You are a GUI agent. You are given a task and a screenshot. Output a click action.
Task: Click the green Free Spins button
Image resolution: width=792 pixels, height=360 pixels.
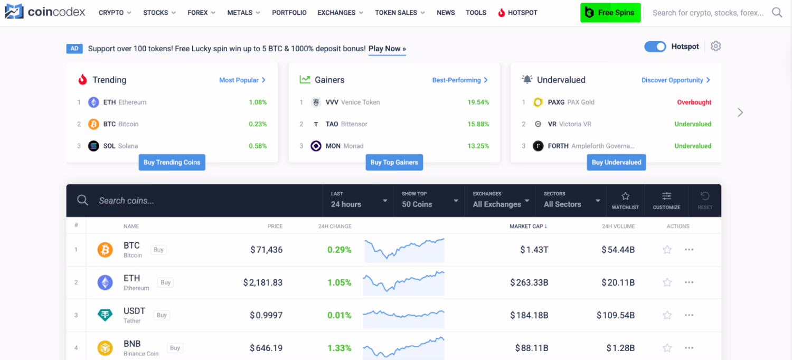[x=610, y=13]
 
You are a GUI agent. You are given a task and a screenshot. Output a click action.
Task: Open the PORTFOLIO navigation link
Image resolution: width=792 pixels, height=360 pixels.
[x=289, y=13]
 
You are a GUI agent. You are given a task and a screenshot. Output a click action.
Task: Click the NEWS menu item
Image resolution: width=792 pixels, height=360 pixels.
[x=446, y=13]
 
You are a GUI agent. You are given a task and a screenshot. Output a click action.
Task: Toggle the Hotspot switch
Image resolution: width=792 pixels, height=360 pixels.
[x=655, y=46]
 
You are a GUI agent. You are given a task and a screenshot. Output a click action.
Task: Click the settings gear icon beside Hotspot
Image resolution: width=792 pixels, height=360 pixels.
[x=715, y=46]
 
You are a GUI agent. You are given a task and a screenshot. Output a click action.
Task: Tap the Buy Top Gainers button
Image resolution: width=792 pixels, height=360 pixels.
[x=394, y=162]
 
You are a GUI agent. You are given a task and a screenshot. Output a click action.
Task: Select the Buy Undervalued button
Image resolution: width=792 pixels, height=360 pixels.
[x=616, y=162]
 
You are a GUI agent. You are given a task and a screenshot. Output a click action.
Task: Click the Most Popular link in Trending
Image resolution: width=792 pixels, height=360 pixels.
[x=242, y=80]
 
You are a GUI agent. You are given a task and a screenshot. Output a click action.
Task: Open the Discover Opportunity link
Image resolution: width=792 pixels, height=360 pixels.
[x=675, y=80]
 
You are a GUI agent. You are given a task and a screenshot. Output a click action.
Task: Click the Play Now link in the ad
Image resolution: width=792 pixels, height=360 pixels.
[x=387, y=49]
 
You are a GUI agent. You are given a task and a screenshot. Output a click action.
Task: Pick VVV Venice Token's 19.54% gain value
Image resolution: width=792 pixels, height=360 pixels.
[x=478, y=102]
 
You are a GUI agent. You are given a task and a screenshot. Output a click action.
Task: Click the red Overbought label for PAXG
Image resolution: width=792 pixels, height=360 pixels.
[x=694, y=102]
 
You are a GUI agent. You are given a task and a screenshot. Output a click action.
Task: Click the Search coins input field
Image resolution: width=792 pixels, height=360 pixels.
[x=206, y=201]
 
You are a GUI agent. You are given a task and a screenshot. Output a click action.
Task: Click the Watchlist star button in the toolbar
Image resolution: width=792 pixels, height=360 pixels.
[x=625, y=201]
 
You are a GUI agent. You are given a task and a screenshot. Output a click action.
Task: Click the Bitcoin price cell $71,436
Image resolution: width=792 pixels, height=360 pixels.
[x=267, y=250]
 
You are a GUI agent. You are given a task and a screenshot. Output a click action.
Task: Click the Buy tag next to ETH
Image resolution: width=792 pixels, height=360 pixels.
[x=165, y=282]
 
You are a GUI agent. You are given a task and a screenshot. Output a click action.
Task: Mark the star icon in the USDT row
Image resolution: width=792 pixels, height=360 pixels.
[x=667, y=315]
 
